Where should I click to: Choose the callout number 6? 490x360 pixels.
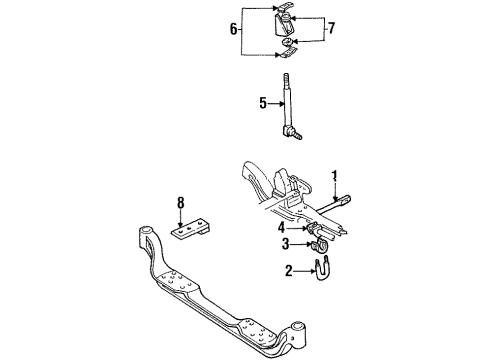tap(234, 29)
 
